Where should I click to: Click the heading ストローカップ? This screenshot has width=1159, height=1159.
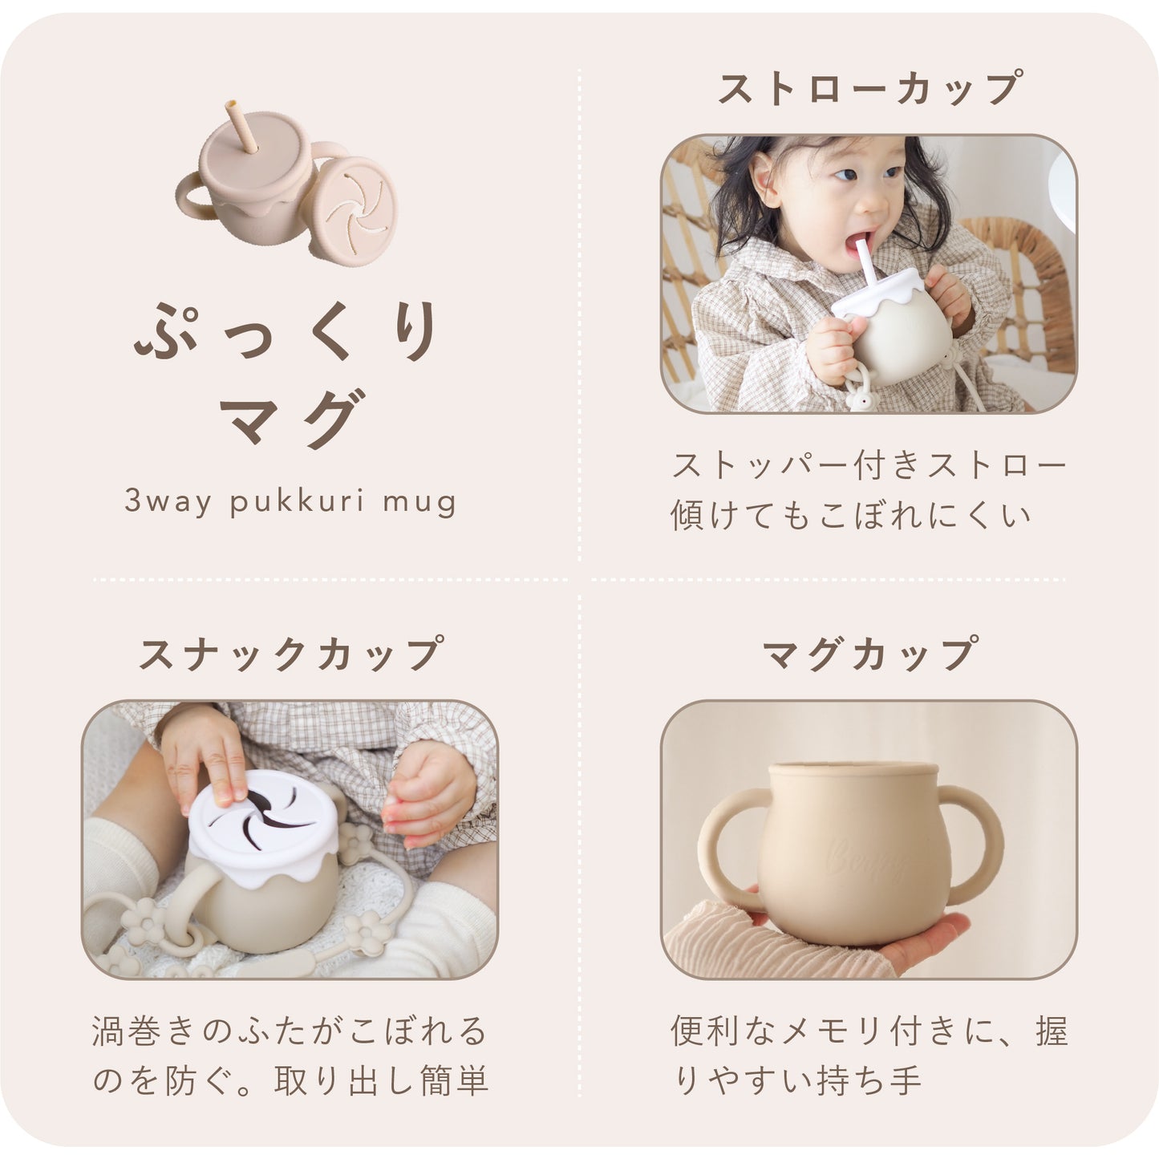[869, 89]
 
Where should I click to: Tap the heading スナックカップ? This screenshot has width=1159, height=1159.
[290, 654]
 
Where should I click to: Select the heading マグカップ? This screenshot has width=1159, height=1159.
[869, 654]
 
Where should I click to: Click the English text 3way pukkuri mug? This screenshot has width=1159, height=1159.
[290, 503]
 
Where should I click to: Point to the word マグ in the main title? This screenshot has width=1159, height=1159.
[290, 417]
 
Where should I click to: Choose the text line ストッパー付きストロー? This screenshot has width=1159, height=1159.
[869, 466]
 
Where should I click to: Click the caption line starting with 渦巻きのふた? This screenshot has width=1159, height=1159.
[290, 1031]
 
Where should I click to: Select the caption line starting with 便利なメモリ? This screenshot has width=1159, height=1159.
[869, 1031]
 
